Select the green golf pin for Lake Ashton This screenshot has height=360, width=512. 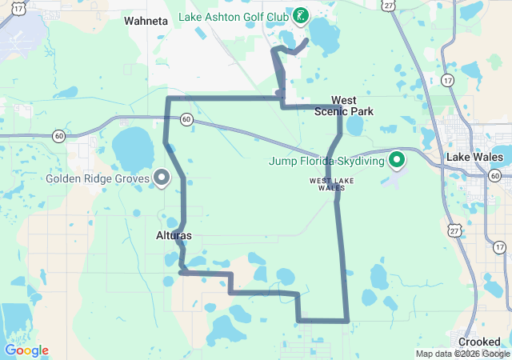point(300,15)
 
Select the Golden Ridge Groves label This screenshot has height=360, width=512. point(98,178)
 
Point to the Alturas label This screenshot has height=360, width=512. point(174,236)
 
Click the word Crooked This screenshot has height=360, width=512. point(479,342)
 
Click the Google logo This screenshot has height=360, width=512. point(26,350)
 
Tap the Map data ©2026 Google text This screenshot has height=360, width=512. point(462,354)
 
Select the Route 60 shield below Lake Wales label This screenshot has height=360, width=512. point(496,175)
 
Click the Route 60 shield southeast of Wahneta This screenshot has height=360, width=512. point(186,118)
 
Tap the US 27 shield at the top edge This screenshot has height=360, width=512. point(388,5)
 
